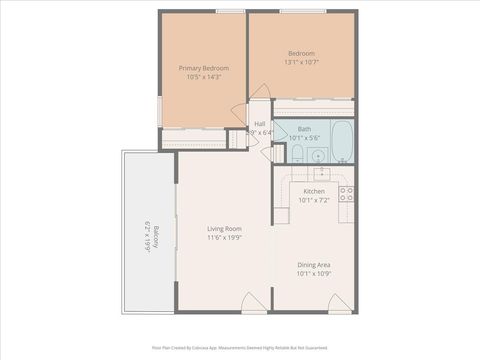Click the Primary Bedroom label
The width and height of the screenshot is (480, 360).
pos(203,68)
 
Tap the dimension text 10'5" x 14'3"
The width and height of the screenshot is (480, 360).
pos(203,77)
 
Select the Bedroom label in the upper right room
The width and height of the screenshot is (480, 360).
pos(302,53)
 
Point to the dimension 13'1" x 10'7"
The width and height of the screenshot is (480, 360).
pos(302,62)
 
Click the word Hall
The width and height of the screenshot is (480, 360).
pos(259,123)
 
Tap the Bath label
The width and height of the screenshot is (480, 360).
pos(304,128)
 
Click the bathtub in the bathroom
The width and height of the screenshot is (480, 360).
pos(341,142)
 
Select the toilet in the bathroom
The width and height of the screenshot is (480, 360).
pos(297,152)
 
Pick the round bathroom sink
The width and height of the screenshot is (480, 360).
pos(318,153)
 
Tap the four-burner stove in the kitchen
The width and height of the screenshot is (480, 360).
pos(347,193)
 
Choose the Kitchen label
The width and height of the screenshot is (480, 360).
pos(314,191)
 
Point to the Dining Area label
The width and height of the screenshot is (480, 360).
pos(314,264)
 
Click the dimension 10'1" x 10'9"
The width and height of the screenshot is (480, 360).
pos(314,273)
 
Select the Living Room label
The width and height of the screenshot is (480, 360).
pos(224,228)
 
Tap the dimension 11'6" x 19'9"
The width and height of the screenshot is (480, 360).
pos(224,237)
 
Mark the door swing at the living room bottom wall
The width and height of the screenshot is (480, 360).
pos(254,299)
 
